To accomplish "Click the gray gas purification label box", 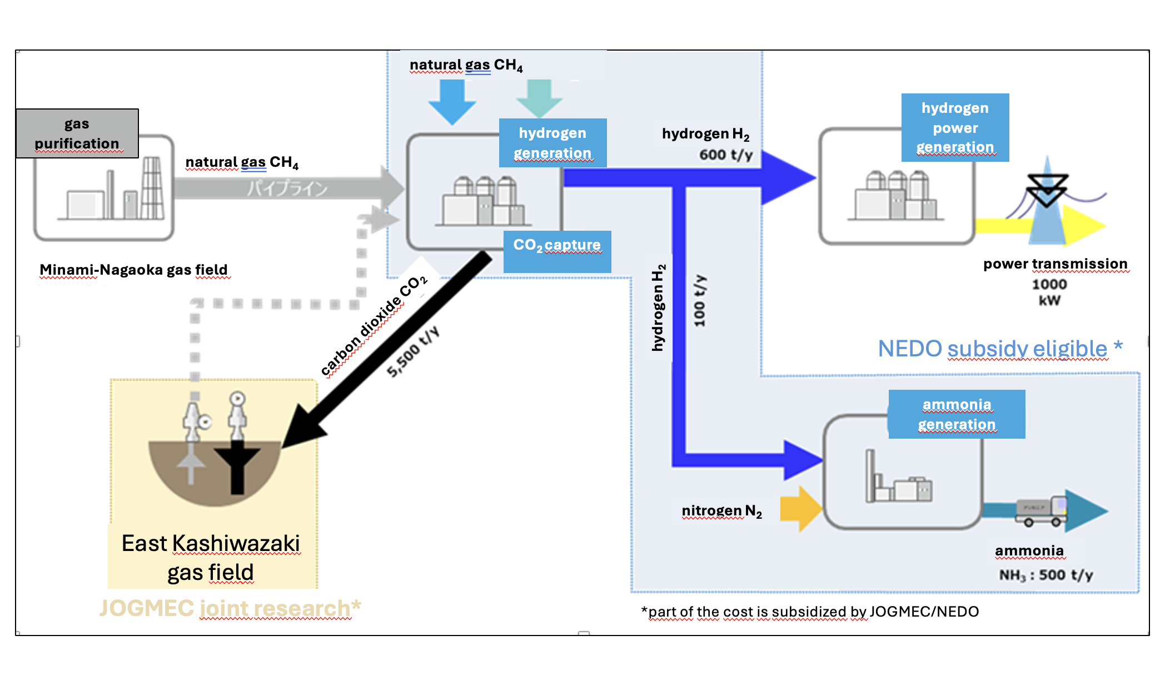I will (77, 133).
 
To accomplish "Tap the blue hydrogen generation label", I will (552, 143).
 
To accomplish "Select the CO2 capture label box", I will (557, 251).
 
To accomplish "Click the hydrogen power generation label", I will (955, 127).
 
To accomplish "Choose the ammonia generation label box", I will (957, 414).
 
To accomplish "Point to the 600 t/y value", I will (725, 155).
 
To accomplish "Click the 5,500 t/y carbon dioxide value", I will (413, 352).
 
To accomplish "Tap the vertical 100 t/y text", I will (700, 300).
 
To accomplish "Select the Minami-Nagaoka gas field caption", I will (134, 270).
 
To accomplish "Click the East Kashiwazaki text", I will (211, 543).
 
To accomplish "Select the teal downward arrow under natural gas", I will (539, 98).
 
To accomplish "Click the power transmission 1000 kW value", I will (1049, 292).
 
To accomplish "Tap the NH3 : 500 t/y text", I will (1045, 575).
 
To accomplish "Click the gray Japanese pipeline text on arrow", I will (287, 188).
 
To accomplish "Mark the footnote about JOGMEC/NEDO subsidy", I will (810, 612).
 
